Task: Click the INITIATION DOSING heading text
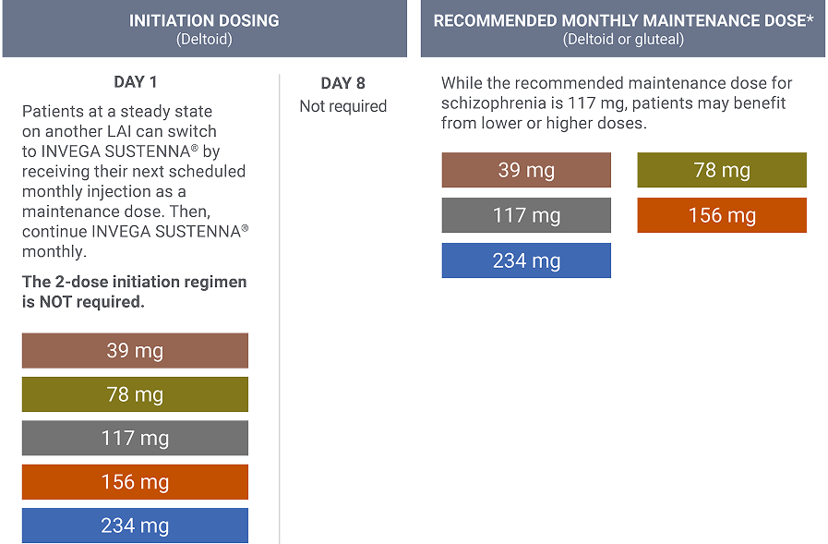[204, 20]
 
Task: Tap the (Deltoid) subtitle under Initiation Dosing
[204, 40]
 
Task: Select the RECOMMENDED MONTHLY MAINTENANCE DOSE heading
[623, 20]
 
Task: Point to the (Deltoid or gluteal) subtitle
[623, 40]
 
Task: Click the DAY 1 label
[135, 82]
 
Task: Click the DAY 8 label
[342, 83]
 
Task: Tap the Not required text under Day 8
[342, 106]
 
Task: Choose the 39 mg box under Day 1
[135, 351]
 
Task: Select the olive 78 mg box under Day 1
[135, 394]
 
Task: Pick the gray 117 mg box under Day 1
[135, 438]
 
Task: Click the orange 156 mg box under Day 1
[135, 482]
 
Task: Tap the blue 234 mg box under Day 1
[135, 526]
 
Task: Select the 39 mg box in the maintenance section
[526, 170]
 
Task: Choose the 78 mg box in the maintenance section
[722, 170]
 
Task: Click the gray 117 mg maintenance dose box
[526, 215]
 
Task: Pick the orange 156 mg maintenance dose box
[722, 215]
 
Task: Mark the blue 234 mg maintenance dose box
[526, 260]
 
